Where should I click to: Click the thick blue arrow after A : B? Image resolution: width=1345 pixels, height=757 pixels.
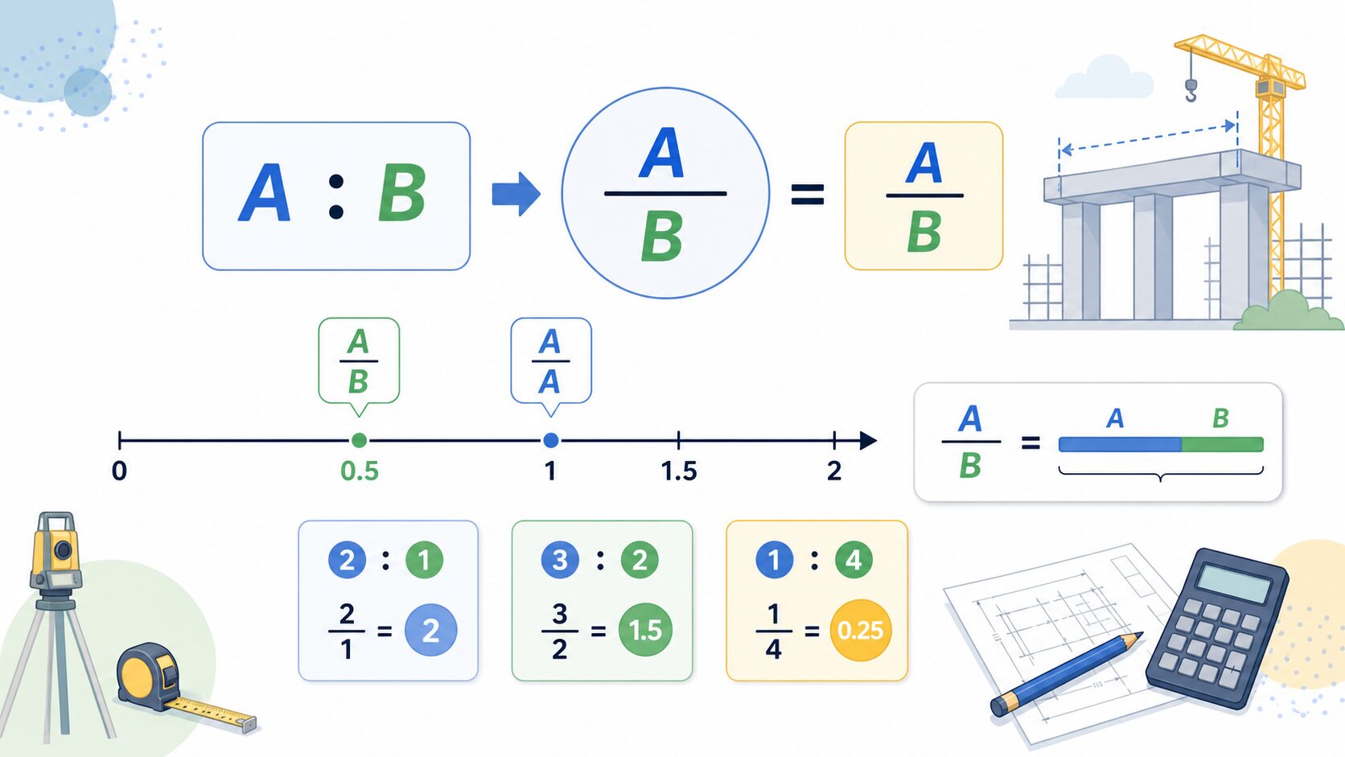tap(516, 194)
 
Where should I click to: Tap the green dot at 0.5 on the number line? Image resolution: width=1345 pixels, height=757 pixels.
tap(359, 441)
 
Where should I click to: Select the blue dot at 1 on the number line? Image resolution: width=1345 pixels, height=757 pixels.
tap(550, 441)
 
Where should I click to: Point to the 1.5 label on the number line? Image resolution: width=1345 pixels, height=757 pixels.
tap(679, 471)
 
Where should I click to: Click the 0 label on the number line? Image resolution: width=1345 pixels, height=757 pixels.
tap(120, 471)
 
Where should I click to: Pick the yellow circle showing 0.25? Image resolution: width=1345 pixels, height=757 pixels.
tap(861, 631)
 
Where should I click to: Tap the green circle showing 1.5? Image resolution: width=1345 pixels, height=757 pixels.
tap(645, 630)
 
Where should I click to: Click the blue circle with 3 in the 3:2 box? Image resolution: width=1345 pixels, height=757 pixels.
tap(560, 560)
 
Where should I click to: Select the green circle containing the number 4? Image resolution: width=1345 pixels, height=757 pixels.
tap(853, 560)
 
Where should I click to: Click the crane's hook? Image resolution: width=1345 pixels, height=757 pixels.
tap(1191, 91)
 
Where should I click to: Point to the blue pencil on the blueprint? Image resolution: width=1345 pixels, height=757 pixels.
tap(1067, 673)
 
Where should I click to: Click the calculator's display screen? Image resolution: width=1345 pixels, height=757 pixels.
tap(1233, 581)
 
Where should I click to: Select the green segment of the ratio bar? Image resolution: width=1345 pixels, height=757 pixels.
tap(1223, 444)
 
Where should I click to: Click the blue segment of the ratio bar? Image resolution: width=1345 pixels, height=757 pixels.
tap(1120, 444)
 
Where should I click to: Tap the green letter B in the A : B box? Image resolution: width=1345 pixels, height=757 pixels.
tap(401, 194)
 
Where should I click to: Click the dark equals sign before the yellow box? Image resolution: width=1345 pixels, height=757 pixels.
tap(807, 195)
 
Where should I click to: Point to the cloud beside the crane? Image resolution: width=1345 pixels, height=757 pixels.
tap(1104, 77)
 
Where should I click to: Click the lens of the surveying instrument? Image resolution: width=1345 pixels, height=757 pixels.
tap(63, 549)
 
